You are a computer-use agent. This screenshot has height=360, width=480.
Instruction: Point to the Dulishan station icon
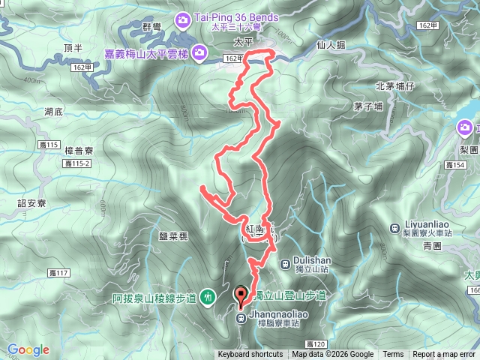pos(285,263)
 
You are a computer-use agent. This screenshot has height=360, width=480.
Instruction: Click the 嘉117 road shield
pos(57,272)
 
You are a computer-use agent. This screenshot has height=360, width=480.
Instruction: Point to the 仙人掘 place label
pos(331,45)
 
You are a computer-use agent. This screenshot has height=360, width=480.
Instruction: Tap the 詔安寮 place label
pos(32,202)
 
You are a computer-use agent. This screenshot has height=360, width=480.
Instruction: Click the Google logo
pos(28,349)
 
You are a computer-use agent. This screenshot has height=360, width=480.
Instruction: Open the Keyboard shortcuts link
pos(250,355)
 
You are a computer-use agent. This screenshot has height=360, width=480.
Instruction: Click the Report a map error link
pos(444,355)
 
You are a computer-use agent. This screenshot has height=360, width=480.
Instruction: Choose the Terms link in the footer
pos(393,355)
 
